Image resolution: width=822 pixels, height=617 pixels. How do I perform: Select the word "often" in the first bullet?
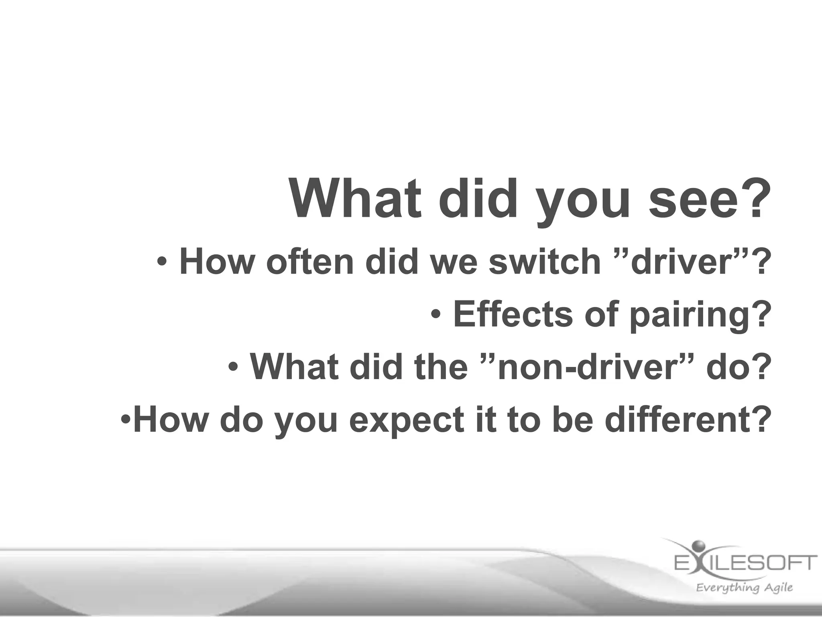pos(310,262)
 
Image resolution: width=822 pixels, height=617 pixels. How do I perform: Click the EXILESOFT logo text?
pos(745,562)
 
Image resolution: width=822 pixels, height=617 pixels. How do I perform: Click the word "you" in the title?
pos(584,200)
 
